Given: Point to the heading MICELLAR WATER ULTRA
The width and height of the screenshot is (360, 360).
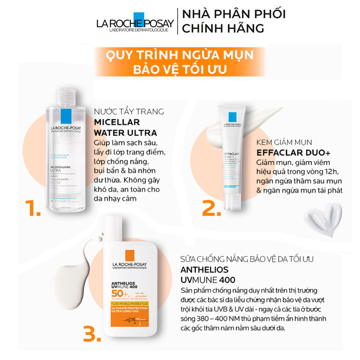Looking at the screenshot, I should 125,127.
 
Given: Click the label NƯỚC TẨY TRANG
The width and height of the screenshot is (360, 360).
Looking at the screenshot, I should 129,112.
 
